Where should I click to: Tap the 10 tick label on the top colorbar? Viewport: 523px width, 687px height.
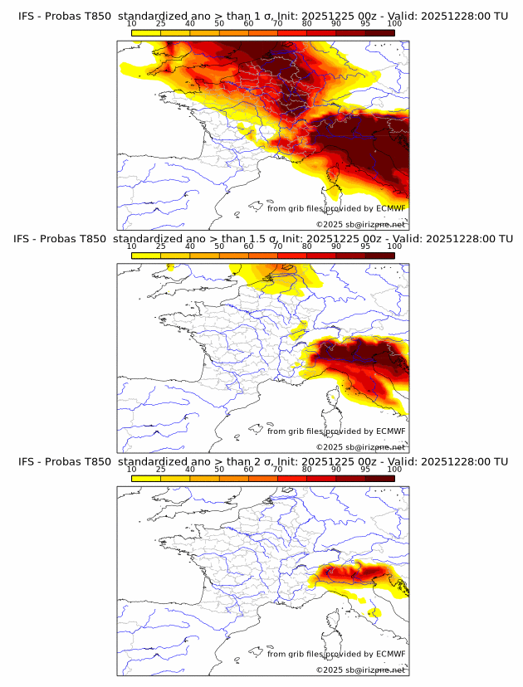[x=131, y=24]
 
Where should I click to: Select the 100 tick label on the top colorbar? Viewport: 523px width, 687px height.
[x=394, y=24]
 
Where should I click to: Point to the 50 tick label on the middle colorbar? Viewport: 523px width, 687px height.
[x=219, y=246]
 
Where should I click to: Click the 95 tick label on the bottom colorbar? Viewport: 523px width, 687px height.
[x=365, y=469]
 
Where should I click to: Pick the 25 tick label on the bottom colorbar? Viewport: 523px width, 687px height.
[x=161, y=469]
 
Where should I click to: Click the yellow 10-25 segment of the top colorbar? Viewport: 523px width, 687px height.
[x=146, y=32]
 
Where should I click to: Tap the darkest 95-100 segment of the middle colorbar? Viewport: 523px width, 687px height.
[x=379, y=255]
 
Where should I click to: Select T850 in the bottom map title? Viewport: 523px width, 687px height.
[x=96, y=461]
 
